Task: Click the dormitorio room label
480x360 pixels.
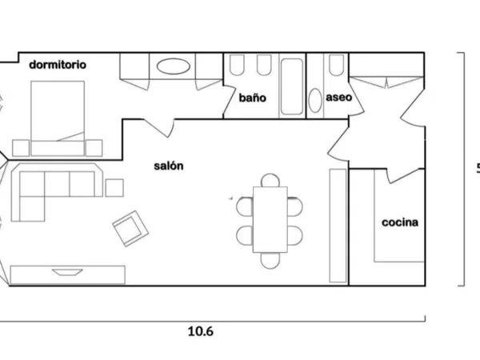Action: [x=58, y=65]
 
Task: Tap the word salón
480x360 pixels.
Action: [x=169, y=166]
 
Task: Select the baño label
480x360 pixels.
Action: [x=253, y=98]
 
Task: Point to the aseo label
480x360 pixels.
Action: [x=339, y=98]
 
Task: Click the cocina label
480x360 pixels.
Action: [x=400, y=222]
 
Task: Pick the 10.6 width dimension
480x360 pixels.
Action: [x=201, y=331]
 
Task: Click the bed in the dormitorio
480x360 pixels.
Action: [x=58, y=118]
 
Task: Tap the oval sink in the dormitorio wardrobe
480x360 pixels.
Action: [x=174, y=66]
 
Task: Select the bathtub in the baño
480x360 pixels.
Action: [x=292, y=86]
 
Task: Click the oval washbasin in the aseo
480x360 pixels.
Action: [x=315, y=101]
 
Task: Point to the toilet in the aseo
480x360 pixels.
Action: [x=337, y=66]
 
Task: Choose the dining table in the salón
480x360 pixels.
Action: [x=270, y=219]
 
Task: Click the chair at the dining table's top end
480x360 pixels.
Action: [x=270, y=180]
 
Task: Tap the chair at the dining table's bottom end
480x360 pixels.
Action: [x=270, y=260]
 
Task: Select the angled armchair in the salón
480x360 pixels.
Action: [x=130, y=228]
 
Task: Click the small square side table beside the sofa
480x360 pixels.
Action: [x=114, y=188]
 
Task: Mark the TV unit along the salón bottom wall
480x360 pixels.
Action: [x=68, y=274]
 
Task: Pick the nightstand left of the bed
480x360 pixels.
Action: [x=21, y=148]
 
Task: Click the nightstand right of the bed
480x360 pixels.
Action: [x=94, y=148]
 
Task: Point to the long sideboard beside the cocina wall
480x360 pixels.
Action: [x=338, y=226]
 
